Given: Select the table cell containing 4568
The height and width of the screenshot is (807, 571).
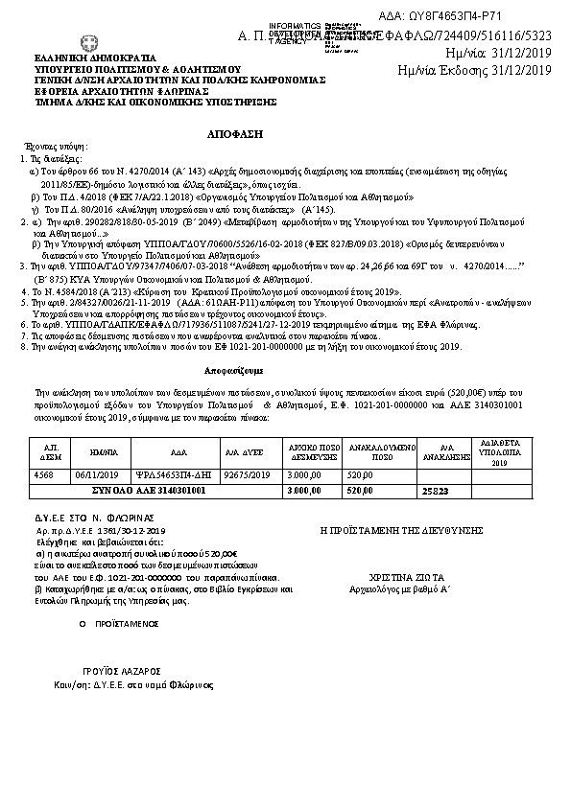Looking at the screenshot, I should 43,474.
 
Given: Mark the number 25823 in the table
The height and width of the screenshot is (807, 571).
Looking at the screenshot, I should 436,490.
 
